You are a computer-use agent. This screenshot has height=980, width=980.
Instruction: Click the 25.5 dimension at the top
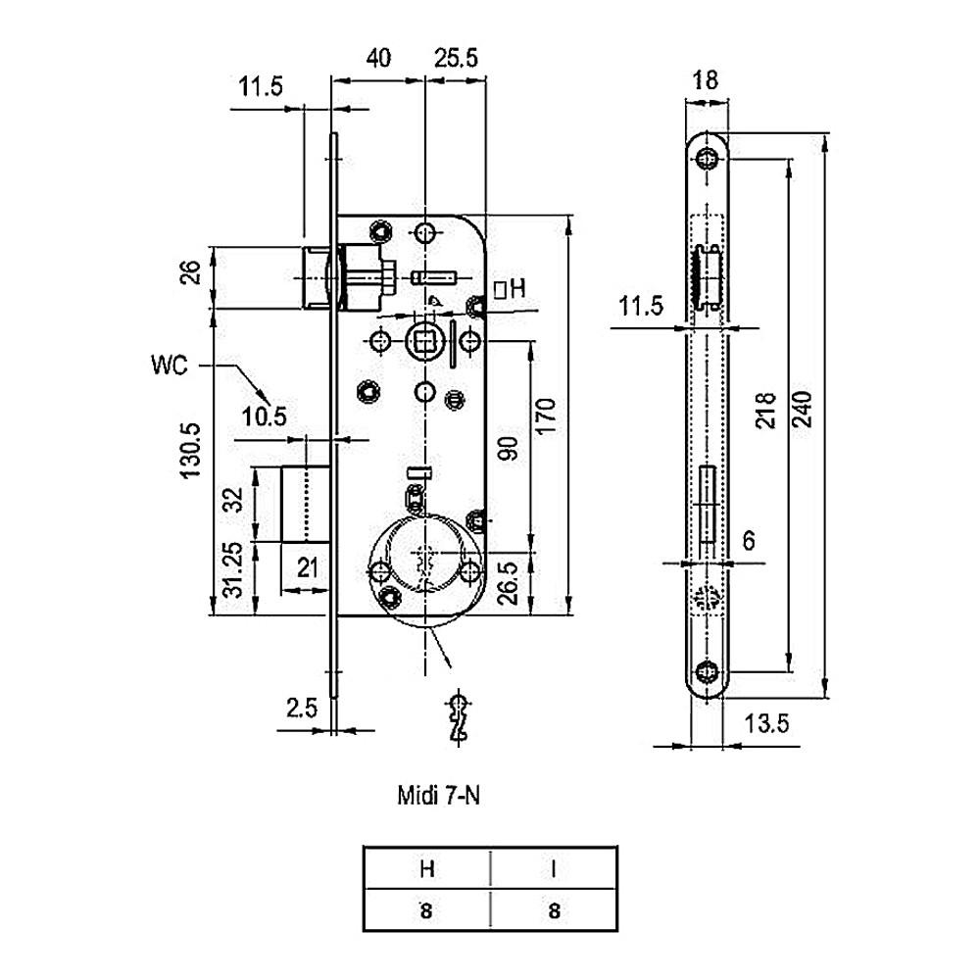[456, 58]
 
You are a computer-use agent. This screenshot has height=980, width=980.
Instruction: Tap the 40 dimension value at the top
[378, 58]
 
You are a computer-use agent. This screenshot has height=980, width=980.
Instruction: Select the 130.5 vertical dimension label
[192, 451]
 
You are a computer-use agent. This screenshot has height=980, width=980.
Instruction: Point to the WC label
[169, 365]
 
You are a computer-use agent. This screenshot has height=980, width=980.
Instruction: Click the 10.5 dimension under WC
[264, 416]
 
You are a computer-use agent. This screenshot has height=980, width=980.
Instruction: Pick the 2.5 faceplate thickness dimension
[302, 709]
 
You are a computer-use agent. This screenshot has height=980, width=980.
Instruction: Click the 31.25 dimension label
[233, 570]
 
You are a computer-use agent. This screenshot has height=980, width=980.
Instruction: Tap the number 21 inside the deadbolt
[308, 568]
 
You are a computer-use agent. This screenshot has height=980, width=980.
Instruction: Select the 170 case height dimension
[545, 416]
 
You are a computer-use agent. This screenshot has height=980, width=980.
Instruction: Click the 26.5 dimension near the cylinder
[509, 582]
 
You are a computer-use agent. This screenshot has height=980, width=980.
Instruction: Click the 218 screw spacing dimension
[766, 411]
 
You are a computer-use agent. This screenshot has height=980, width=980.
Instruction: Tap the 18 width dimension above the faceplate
[705, 80]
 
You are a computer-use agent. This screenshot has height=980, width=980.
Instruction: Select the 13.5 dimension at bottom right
[767, 724]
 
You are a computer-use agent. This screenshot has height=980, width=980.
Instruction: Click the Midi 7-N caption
[439, 796]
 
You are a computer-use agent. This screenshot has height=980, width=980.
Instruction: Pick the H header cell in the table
[427, 868]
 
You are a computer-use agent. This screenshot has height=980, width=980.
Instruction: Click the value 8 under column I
[555, 911]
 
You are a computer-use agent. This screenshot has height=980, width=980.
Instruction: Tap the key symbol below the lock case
[459, 717]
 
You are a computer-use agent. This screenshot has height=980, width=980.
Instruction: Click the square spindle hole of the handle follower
[424, 342]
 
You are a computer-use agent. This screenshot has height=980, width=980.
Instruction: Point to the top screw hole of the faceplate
[707, 159]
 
